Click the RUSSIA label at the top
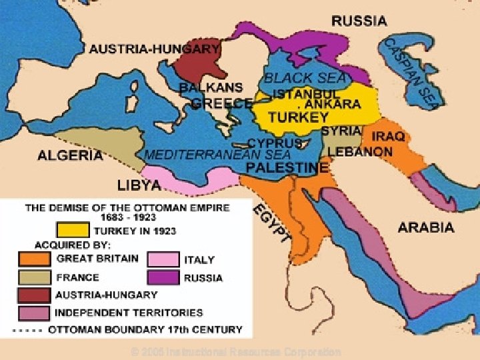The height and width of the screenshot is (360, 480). point(359,21)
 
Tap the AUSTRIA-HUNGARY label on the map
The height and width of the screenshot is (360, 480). point(154,49)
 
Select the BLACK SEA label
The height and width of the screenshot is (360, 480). point(305,78)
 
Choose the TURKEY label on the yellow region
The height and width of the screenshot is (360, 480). point(298,117)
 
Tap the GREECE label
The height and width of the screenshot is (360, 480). point(221,103)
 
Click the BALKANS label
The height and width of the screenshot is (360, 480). point(210,88)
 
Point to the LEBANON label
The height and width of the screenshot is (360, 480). point(360,152)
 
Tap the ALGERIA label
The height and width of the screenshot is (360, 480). point(70,155)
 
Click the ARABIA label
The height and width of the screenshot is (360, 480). point(426,227)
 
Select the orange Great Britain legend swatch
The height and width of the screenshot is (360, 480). point(35,259)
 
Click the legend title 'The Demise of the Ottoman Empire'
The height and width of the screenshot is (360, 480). point(127,208)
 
